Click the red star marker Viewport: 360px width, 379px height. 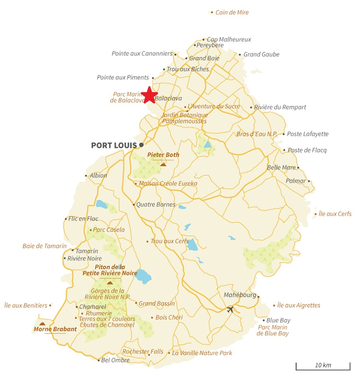click(149, 95)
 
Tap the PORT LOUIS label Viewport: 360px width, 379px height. click(114, 145)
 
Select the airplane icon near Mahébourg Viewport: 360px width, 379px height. click(230, 309)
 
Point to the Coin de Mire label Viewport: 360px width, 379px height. click(232, 13)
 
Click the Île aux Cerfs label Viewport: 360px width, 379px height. click(335, 214)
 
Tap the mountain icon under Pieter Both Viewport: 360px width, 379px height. click(163, 165)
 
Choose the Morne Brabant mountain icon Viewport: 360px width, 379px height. click(42, 324)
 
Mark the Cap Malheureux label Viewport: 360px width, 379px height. click(229, 40)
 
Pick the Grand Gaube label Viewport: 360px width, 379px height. click(262, 54)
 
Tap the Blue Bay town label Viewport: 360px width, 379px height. click(278, 320)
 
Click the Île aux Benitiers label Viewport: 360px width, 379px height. click(26, 305)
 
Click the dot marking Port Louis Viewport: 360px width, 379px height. click(141, 145)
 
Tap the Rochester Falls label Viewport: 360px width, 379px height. click(142, 352)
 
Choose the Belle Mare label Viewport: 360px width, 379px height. click(281, 168)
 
